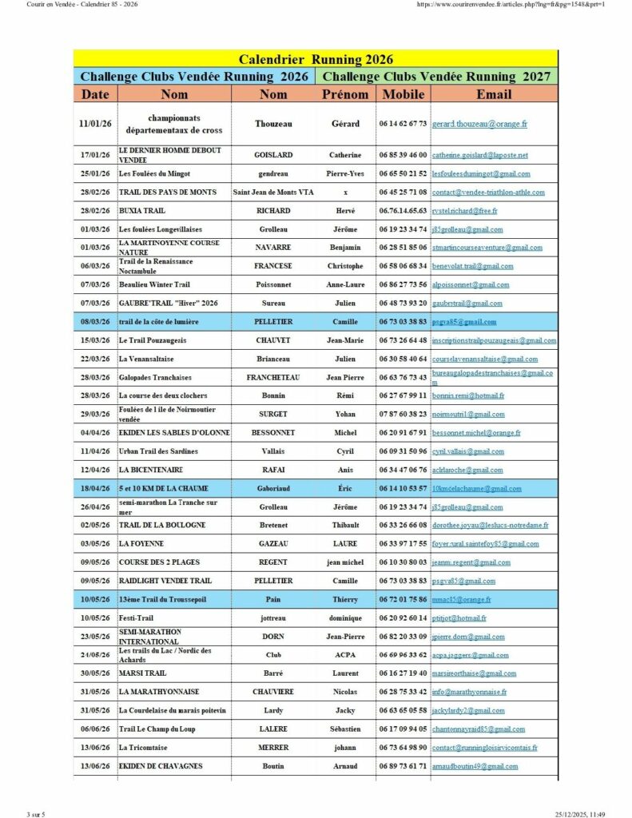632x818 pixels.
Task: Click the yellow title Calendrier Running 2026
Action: coord(316,59)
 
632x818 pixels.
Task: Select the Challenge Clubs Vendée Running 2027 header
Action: coord(435,77)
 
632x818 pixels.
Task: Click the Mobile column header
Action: coord(403,94)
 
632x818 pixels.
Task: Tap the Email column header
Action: coord(493,94)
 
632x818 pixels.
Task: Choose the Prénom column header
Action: coord(344,94)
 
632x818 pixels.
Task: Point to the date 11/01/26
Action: coord(95,124)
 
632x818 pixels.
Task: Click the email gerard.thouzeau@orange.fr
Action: coord(479,125)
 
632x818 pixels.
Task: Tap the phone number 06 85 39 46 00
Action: coord(403,155)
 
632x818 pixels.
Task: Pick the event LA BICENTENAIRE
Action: coord(151,470)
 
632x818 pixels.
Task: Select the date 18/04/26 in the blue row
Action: coord(95,488)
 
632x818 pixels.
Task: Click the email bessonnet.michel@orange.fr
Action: coord(476,433)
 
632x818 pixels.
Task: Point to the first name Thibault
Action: coord(345,526)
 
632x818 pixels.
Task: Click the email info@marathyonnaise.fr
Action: coord(469,693)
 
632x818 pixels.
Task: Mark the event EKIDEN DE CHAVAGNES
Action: coord(161,766)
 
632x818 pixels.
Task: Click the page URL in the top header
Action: coord(511,5)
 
